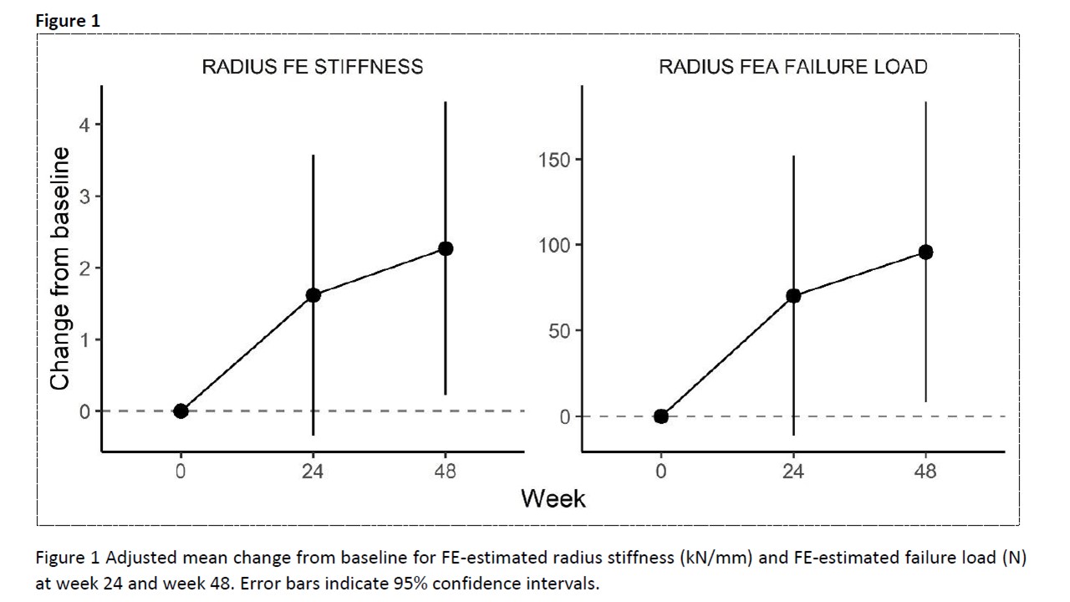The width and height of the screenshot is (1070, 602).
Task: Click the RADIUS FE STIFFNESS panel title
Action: pyautogui.click(x=312, y=67)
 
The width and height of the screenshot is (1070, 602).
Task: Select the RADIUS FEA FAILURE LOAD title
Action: pyautogui.click(x=792, y=67)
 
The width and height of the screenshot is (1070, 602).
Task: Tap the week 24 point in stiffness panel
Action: pyautogui.click(x=313, y=294)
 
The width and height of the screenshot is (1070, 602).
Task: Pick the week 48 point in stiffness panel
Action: pyautogui.click(x=446, y=248)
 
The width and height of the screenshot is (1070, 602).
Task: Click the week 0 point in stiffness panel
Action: pyautogui.click(x=181, y=411)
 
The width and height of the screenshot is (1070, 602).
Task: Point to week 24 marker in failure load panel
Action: pyautogui.click(x=793, y=295)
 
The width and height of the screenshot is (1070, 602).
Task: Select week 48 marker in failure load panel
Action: pyautogui.click(x=925, y=252)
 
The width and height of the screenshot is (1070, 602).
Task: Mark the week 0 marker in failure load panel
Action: pyautogui.click(x=661, y=416)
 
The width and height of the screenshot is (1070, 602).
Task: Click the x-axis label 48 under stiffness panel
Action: pyautogui.click(x=446, y=472)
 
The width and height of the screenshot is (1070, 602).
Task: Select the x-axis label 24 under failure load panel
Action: pyautogui.click(x=793, y=472)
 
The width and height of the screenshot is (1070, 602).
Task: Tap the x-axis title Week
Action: pyautogui.click(x=553, y=498)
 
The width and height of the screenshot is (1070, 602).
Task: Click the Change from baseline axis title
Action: pyautogui.click(x=59, y=268)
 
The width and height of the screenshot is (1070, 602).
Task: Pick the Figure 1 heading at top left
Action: pyautogui.click(x=68, y=22)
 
